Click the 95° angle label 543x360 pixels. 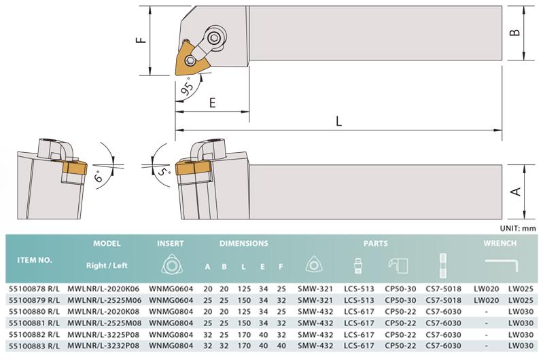coord(188,87)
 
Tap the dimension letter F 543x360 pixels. coord(141,41)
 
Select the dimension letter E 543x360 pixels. coord(212,103)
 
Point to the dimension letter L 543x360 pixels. coord(338,121)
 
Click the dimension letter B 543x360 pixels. coord(515,33)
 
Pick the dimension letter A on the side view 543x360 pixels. coord(516,192)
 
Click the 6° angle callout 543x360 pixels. coord(99,176)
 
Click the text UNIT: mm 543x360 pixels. coord(517,228)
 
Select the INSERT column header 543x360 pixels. coord(171,243)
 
